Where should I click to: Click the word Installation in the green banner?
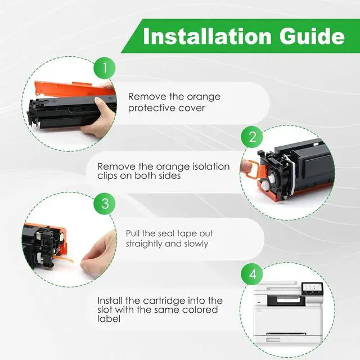(x=207, y=36)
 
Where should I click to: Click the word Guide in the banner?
(x=312, y=36)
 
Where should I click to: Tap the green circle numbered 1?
(x=105, y=68)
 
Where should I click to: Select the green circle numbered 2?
(x=252, y=137)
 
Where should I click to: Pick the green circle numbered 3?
(x=105, y=204)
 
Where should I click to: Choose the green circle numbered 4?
(x=252, y=274)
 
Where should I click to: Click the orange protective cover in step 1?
(x=74, y=89)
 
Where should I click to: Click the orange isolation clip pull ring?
(x=254, y=169)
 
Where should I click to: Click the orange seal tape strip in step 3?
(x=65, y=259)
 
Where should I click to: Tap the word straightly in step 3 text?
(x=144, y=244)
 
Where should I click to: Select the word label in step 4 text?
(x=109, y=319)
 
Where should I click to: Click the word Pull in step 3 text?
(x=133, y=233)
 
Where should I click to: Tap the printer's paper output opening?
(x=286, y=300)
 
